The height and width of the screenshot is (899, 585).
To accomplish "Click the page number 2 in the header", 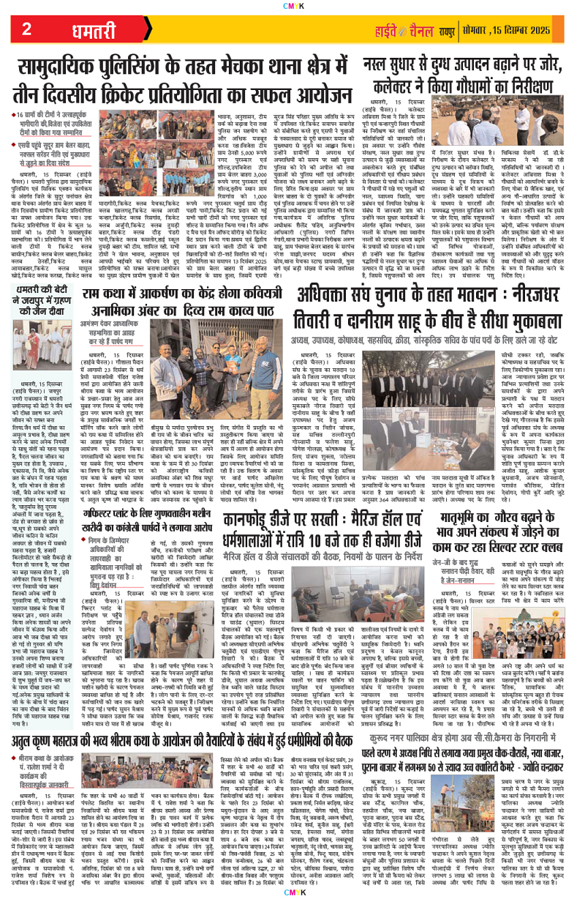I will point(26,30).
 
